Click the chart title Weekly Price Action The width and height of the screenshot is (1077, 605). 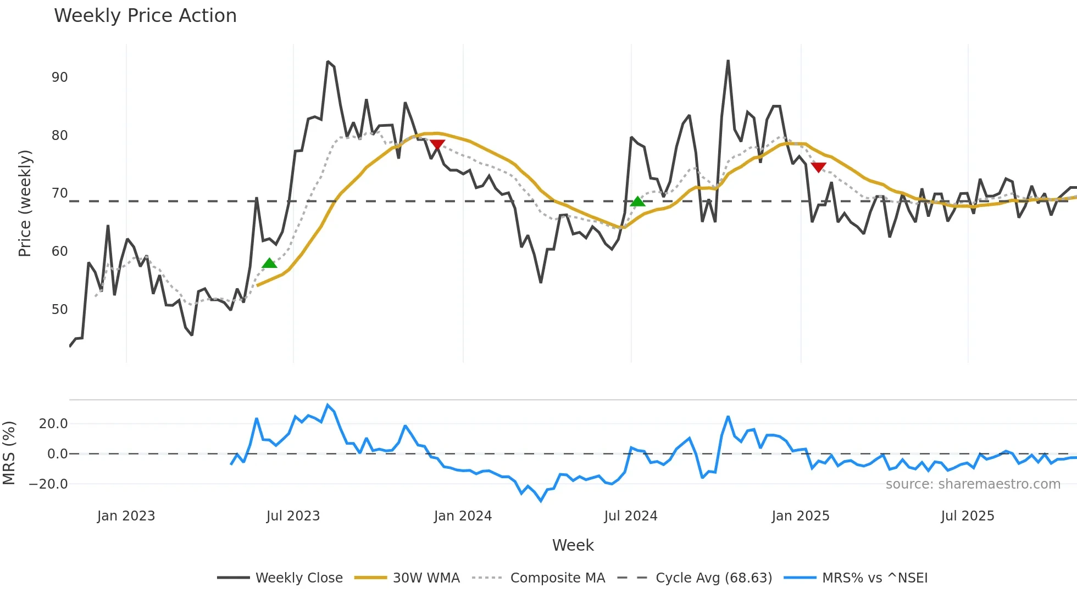click(145, 16)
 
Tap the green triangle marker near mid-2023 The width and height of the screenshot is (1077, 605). click(269, 264)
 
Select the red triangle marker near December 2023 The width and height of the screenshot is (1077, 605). click(437, 144)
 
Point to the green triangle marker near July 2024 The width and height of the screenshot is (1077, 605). click(637, 201)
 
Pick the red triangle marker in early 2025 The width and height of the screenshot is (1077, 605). click(818, 167)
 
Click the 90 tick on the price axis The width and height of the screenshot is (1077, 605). click(60, 77)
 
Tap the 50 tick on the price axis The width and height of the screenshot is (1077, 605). click(60, 310)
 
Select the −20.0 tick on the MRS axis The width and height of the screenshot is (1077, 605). click(48, 484)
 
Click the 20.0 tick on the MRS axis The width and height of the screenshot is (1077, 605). click(53, 424)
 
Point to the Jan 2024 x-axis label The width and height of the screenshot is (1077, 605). click(463, 516)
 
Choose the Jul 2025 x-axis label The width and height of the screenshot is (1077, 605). click(967, 516)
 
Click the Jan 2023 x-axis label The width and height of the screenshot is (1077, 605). click(126, 516)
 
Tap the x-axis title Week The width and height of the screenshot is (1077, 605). click(573, 545)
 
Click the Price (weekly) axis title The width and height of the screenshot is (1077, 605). click(25, 203)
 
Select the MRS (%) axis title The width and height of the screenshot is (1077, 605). click(9, 453)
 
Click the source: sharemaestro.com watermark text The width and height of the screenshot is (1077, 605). click(973, 484)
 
